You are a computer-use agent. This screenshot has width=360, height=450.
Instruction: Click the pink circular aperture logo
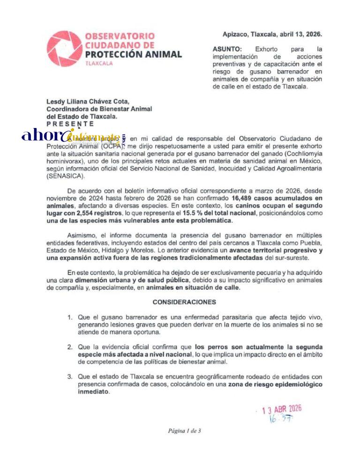(65, 49)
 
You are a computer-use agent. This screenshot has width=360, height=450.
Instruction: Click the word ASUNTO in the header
(227, 49)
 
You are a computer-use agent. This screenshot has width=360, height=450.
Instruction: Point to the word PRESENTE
(70, 124)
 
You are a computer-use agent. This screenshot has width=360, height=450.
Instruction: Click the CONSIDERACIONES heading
(184, 302)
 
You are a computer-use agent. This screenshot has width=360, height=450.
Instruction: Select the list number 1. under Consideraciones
(69, 317)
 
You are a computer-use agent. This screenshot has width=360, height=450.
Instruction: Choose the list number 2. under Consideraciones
(69, 347)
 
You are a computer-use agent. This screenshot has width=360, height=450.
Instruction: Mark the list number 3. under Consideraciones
(69, 377)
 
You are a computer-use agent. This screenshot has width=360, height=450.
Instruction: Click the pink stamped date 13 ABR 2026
(281, 409)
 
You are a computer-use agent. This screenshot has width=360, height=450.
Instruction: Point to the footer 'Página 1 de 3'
(184, 431)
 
